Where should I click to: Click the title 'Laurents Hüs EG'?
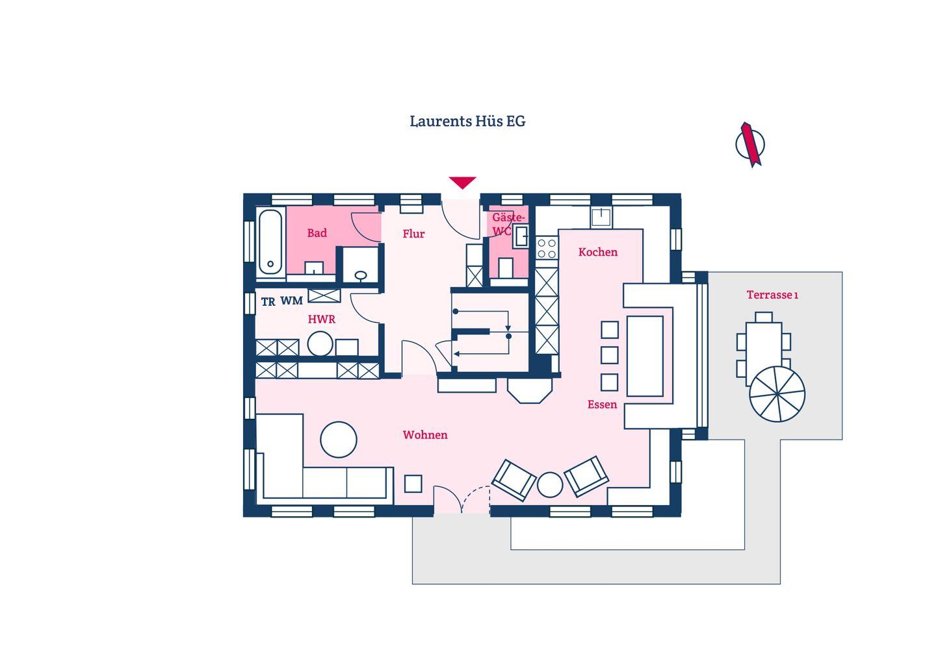tap(467, 121)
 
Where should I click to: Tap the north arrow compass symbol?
tap(750, 144)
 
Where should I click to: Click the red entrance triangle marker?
tap(462, 182)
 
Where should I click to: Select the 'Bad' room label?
tap(317, 233)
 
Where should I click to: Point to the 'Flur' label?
tap(413, 234)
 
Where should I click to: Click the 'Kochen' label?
tap(598, 252)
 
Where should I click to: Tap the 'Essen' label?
tap(602, 405)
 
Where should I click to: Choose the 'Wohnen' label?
tap(425, 435)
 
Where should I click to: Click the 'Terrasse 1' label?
tap(772, 295)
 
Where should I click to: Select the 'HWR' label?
tap(322, 319)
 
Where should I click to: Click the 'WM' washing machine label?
tap(292, 301)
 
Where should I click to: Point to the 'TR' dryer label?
tap(268, 302)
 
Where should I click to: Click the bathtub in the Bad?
tap(270, 241)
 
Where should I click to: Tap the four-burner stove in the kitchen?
tap(547, 247)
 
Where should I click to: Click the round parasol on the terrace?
tap(777, 394)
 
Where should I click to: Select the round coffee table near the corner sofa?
tap(339, 440)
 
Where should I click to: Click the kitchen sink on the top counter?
tap(601, 216)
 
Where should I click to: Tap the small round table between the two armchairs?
tap(550, 484)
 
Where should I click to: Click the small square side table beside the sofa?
tap(413, 484)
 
